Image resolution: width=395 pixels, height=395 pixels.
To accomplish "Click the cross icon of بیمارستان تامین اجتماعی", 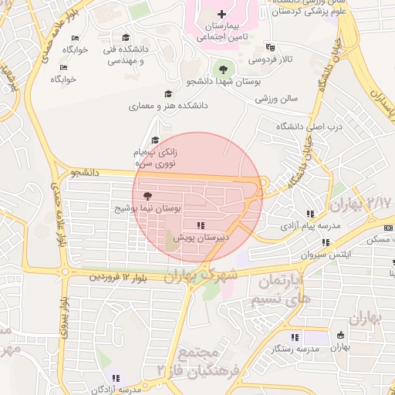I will (222, 14).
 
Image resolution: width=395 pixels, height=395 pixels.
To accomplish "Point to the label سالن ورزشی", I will (277, 99).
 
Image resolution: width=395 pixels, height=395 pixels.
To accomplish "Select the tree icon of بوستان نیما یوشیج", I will (148, 197).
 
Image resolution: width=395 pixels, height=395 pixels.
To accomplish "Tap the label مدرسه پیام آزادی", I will (309, 225).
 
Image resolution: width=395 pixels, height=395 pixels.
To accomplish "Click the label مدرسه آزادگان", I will (116, 389).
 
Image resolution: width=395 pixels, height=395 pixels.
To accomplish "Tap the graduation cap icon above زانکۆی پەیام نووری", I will (155, 141).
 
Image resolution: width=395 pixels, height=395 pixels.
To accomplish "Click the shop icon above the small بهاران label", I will (340, 336).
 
